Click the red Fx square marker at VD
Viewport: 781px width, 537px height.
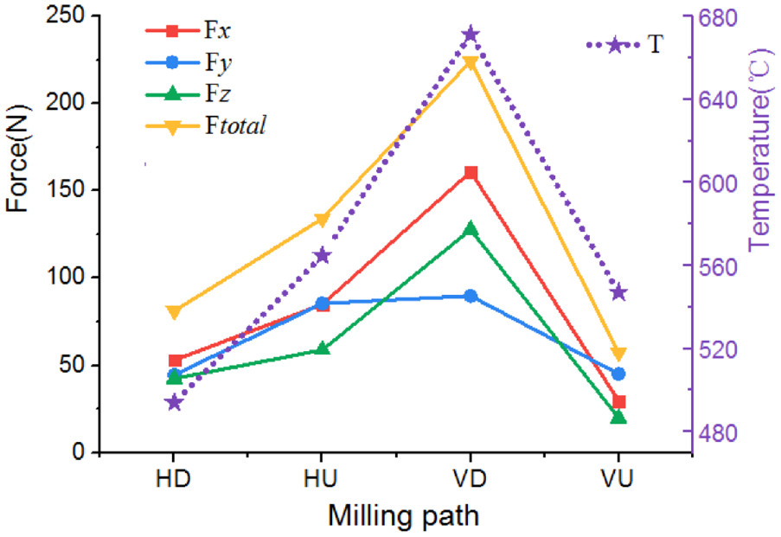tap(471, 173)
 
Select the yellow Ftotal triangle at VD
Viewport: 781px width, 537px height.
tap(471, 63)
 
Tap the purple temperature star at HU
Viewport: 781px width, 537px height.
tap(322, 256)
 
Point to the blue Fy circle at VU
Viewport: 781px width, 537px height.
tap(618, 374)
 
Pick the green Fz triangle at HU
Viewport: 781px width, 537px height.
tap(322, 348)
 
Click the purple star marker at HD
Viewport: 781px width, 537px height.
tap(174, 402)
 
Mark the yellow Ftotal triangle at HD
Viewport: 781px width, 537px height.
tap(174, 313)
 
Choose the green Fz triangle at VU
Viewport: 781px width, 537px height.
tap(618, 417)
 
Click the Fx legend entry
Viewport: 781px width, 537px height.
tap(189, 31)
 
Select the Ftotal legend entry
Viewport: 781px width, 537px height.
tap(206, 125)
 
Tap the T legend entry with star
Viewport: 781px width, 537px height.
tap(624, 45)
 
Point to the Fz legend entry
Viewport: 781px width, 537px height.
tap(189, 93)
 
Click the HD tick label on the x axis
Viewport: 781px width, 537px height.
tap(173, 478)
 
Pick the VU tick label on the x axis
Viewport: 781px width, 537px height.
tap(618, 478)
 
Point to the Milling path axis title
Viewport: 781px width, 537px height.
tap(403, 515)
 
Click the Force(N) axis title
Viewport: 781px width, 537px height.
tap(17, 158)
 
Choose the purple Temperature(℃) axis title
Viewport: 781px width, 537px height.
tap(761, 149)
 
